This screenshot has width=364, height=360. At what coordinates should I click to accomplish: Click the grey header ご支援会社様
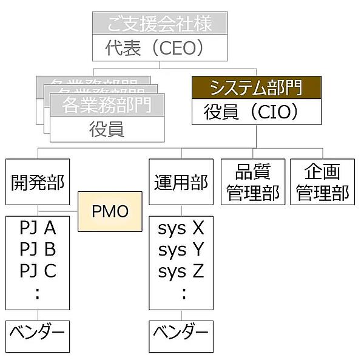(x=160, y=25)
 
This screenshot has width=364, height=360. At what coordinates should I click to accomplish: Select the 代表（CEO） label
(x=160, y=49)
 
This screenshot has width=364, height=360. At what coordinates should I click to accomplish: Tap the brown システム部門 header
(x=255, y=87)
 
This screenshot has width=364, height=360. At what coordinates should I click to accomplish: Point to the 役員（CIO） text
(x=255, y=112)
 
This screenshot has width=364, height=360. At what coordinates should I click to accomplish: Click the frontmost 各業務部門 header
(x=107, y=105)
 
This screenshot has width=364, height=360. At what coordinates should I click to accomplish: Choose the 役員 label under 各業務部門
(x=107, y=129)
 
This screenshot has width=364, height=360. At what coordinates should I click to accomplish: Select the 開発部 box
(x=38, y=182)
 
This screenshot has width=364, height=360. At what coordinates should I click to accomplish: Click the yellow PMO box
(x=110, y=211)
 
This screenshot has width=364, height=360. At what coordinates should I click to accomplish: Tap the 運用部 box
(x=181, y=182)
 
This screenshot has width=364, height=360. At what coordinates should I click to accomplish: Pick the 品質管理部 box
(x=253, y=182)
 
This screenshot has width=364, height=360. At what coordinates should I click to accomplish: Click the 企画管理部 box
(x=322, y=182)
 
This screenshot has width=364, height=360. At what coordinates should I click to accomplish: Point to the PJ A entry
(x=38, y=228)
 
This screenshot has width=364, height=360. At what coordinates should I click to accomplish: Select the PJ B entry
(x=38, y=250)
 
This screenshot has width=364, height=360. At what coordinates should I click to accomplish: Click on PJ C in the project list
(x=38, y=271)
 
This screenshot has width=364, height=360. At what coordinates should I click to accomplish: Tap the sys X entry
(x=181, y=228)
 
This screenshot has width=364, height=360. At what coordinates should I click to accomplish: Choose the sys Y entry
(x=181, y=250)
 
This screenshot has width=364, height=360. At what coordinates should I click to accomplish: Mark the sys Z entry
(x=181, y=271)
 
